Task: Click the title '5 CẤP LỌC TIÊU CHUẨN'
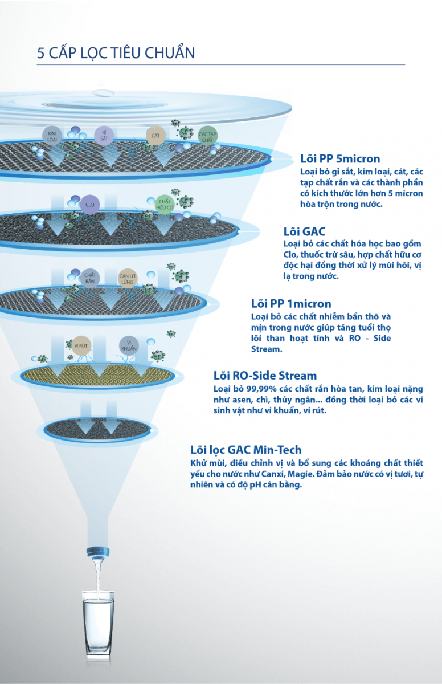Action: [x=116, y=52]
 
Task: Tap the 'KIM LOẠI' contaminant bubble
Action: [x=52, y=136]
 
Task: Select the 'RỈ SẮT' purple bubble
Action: [x=104, y=136]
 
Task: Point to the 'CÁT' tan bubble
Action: [x=155, y=136]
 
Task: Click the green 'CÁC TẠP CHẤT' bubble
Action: [x=207, y=136]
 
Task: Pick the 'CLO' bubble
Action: [x=89, y=205]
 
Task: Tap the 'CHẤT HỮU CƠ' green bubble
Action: [x=165, y=204]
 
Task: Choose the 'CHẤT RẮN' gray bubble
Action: [x=89, y=278]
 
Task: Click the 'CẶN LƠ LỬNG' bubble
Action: [x=128, y=279]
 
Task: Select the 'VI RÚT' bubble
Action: [x=81, y=345]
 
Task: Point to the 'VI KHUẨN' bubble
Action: [x=129, y=345]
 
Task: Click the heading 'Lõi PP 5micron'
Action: [x=340, y=159]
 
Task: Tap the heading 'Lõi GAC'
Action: [x=304, y=231]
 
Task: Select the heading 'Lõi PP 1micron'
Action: [x=291, y=303]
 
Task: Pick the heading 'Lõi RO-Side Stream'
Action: [x=265, y=376]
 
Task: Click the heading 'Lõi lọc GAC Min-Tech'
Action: [x=246, y=450]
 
